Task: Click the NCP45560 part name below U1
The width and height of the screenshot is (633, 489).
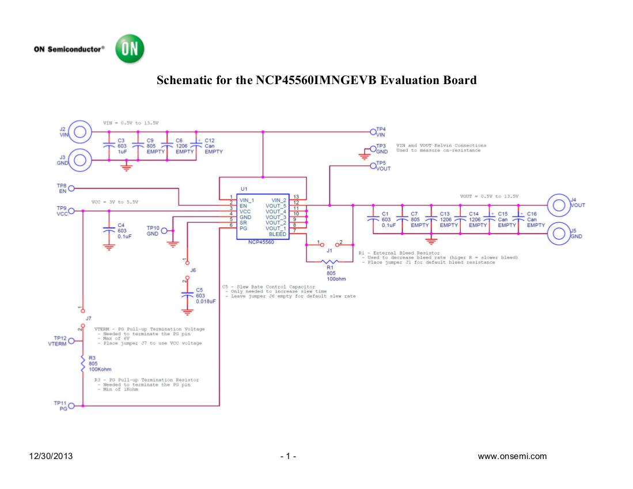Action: [261, 242]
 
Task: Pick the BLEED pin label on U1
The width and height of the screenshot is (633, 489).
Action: [278, 234]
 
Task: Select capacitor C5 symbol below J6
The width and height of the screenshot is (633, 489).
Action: [186, 293]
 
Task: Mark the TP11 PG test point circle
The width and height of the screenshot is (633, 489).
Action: [71, 406]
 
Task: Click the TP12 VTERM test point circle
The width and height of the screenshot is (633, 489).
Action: [71, 341]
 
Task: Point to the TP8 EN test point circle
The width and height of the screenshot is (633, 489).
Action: [71, 188]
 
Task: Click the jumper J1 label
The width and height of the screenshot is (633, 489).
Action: [329, 251]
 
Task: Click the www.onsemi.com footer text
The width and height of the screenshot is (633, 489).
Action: [516, 457]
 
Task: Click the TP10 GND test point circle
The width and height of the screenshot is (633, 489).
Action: [164, 230]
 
